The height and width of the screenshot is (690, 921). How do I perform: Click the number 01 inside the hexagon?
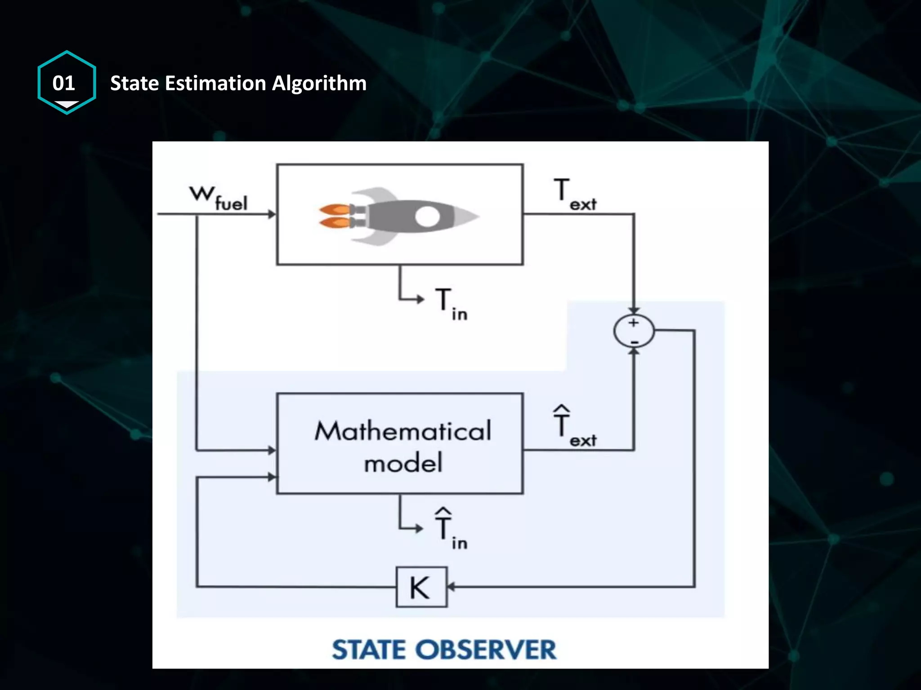63,83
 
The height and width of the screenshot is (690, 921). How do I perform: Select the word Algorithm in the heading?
319,83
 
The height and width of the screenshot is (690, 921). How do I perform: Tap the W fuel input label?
218,198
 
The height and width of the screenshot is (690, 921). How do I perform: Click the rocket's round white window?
427,217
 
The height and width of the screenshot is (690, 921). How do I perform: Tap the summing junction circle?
634,331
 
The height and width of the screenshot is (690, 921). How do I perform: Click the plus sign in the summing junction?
634,323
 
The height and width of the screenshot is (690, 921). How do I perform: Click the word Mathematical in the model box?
403,431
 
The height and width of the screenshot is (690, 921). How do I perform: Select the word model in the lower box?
403,463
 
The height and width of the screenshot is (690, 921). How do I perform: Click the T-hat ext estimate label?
574,427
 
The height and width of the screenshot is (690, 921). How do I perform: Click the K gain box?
421,587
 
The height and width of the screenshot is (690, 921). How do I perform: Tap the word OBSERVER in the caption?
486,650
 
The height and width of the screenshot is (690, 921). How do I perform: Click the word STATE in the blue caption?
369,650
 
